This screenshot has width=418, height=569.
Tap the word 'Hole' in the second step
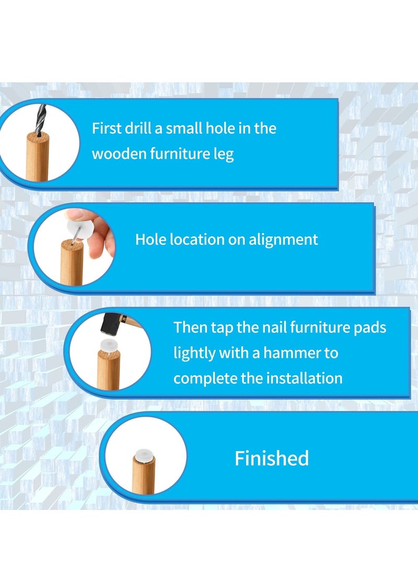149,239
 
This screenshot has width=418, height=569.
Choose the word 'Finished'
272,458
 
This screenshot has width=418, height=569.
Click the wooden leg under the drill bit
38,156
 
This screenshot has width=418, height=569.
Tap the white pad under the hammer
107,345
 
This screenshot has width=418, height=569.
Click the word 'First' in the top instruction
104,128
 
